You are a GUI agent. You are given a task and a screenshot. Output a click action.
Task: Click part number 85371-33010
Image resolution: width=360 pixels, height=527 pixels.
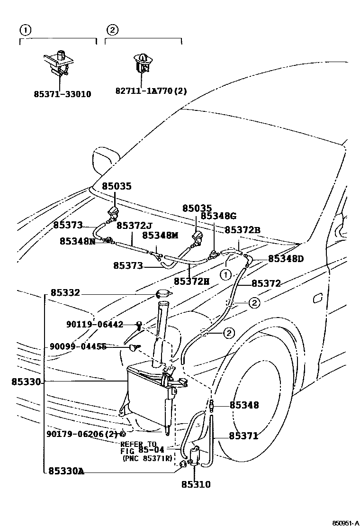62,94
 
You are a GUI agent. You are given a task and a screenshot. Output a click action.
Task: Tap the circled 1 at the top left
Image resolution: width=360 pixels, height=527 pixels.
25,30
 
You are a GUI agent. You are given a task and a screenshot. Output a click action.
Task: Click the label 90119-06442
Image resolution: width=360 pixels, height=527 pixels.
95,325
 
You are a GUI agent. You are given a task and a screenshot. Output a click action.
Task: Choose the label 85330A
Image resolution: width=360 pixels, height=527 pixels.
66,471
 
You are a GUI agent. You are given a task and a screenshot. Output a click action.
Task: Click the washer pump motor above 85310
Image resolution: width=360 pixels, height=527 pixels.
195,455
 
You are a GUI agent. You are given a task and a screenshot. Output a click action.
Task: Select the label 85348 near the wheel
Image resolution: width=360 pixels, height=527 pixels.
244,405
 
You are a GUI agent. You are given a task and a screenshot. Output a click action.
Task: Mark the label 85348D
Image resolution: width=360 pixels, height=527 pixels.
286,259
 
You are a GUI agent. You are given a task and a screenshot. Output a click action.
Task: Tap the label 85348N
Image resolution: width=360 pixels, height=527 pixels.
77,241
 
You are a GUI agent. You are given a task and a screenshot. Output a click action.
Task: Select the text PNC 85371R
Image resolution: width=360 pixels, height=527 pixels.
147,459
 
